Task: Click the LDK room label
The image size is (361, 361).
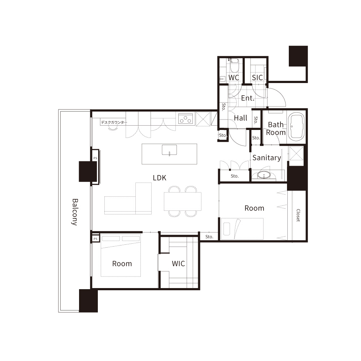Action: (x=159, y=178)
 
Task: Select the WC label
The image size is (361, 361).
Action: (x=234, y=78)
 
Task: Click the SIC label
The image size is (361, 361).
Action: (x=257, y=78)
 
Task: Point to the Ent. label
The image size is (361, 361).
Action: (x=248, y=98)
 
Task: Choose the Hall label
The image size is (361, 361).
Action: (x=240, y=118)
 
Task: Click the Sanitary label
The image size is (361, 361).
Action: (x=267, y=158)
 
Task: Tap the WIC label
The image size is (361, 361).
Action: (x=178, y=264)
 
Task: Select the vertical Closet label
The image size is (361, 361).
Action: (x=298, y=215)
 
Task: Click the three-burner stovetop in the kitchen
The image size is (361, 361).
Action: (x=186, y=118)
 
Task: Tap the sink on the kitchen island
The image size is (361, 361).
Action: (x=169, y=150)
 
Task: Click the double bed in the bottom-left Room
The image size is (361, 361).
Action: (x=121, y=255)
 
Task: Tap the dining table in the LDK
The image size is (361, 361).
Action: (x=183, y=201)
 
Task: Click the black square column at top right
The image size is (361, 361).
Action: (x=298, y=56)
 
